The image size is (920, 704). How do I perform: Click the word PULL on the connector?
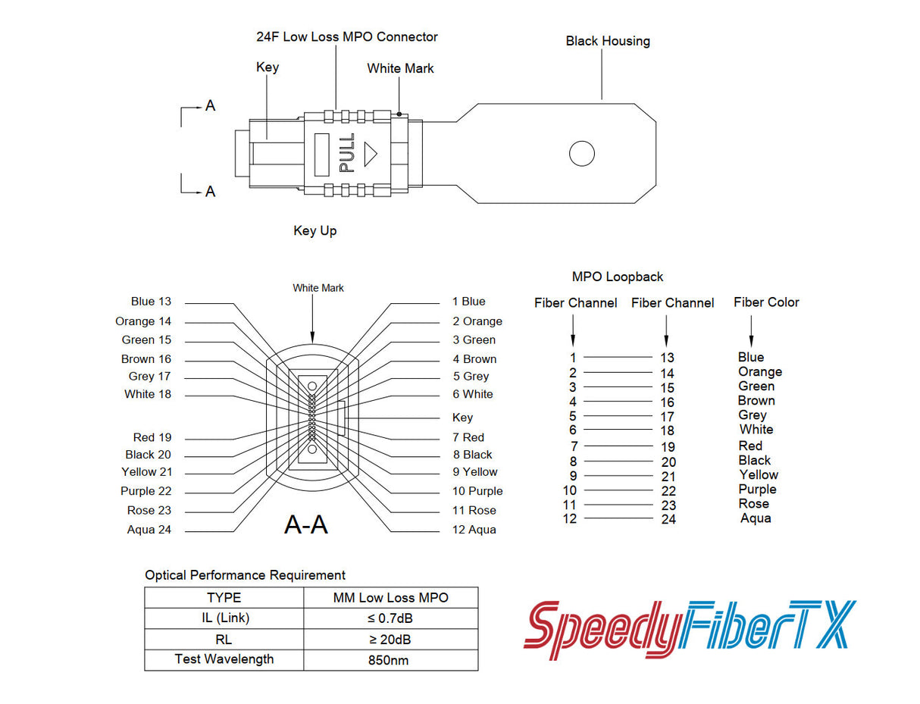(x=346, y=153)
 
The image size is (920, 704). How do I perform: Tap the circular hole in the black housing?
(x=581, y=153)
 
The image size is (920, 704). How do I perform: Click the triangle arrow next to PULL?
(x=370, y=153)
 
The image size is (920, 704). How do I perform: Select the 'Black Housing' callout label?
(x=607, y=41)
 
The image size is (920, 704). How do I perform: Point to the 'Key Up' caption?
(x=314, y=230)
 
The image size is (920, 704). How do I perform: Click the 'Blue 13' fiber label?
(x=151, y=302)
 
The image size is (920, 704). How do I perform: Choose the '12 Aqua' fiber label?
(x=474, y=530)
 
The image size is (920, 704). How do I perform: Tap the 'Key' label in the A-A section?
(x=462, y=418)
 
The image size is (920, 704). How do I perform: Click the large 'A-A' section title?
(x=305, y=524)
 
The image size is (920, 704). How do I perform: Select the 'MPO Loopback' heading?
(x=617, y=277)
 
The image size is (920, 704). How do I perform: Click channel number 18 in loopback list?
(x=667, y=431)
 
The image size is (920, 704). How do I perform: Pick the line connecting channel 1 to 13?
(x=618, y=357)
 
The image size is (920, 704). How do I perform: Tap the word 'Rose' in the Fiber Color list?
(x=753, y=504)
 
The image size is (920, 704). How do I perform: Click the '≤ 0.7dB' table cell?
(x=390, y=618)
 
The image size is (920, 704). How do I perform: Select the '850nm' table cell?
(x=390, y=660)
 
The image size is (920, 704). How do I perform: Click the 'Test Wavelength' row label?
(x=224, y=659)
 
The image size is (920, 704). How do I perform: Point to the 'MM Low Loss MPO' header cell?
(x=390, y=598)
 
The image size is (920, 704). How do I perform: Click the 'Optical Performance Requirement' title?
(x=245, y=575)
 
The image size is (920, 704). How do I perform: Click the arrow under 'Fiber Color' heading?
(x=751, y=331)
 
